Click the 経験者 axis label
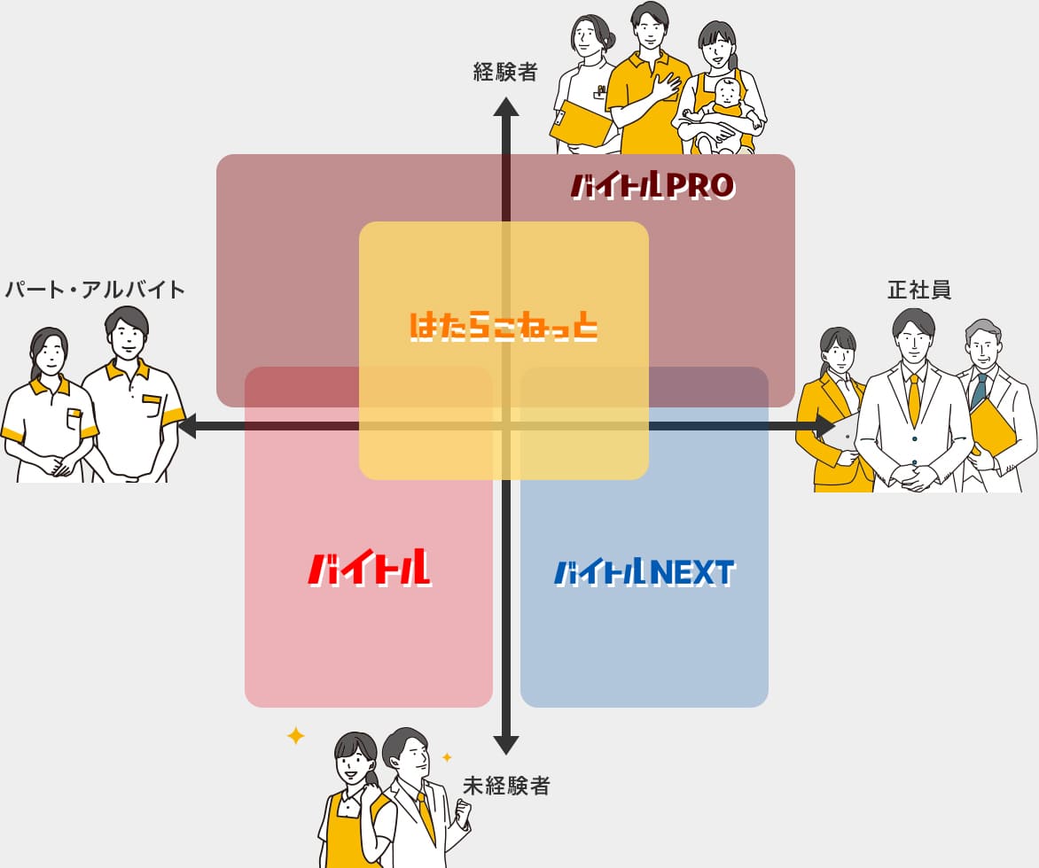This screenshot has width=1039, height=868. coord(505,72)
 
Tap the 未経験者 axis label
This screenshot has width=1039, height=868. coord(506,786)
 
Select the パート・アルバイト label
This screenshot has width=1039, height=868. coord(95,290)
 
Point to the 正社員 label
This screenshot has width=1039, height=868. coord(919,290)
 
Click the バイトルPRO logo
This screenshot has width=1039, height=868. coord(652,186)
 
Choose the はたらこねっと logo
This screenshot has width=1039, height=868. coord(504,327)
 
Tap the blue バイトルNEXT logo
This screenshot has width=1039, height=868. coord(644,573)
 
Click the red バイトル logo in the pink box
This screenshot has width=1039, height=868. coord(370,569)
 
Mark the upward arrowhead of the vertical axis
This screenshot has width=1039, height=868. coord(505,107)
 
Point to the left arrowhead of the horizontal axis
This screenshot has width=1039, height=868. coord(188,426)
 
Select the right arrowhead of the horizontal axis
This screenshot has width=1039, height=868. coord(825,426)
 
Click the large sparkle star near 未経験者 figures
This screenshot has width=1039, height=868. coord(295,735)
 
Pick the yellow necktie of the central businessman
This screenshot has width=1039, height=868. coord(914,399)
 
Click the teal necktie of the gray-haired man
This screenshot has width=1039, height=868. coord(979,391)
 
